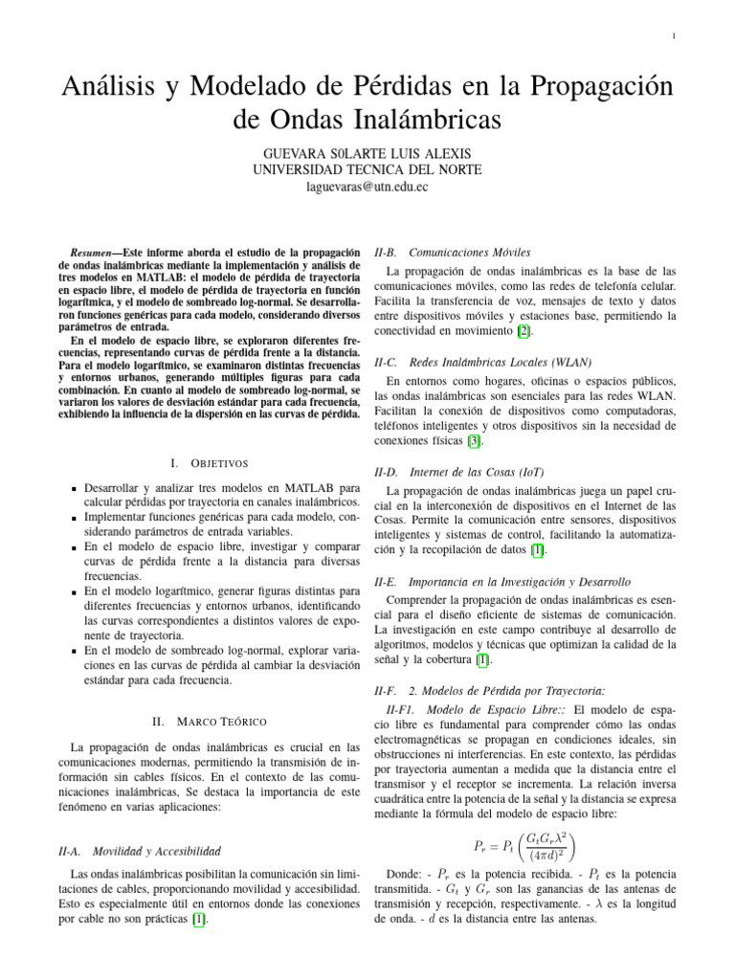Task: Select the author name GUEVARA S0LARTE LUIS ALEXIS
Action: pyautogui.click(x=367, y=153)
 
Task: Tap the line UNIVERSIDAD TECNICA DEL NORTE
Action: pyautogui.click(x=367, y=170)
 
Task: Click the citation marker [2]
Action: pyautogui.click(x=523, y=331)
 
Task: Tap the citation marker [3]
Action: pyautogui.click(x=474, y=441)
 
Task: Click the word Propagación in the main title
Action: pyautogui.click(x=573, y=87)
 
